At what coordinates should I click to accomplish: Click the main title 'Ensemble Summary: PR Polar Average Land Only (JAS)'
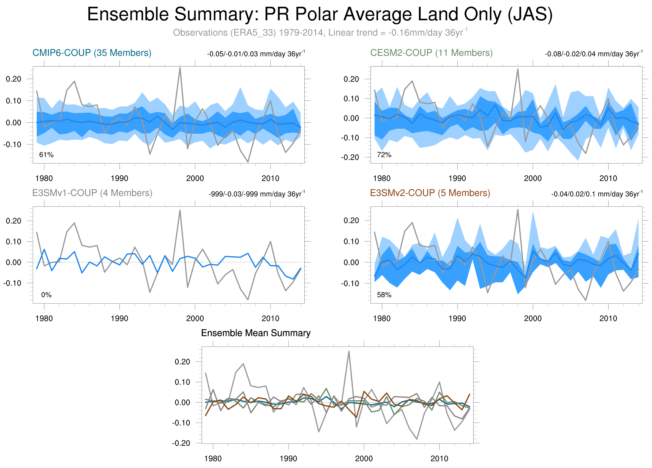pos(320,14)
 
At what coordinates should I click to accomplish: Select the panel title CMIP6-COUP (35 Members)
pos(92,53)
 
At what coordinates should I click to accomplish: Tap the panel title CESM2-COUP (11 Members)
pos(431,53)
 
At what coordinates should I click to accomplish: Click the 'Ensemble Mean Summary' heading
pos(256,333)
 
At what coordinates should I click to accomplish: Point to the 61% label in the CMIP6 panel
pos(46,155)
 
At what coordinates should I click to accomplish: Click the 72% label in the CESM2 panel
pos(384,155)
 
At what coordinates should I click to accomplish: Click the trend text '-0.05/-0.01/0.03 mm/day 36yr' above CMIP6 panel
pos(256,54)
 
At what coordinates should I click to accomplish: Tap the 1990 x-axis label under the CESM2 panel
pos(457,178)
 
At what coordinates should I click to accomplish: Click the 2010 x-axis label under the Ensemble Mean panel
pos(439,459)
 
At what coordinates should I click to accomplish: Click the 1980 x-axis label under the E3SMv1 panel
pos(44,318)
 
